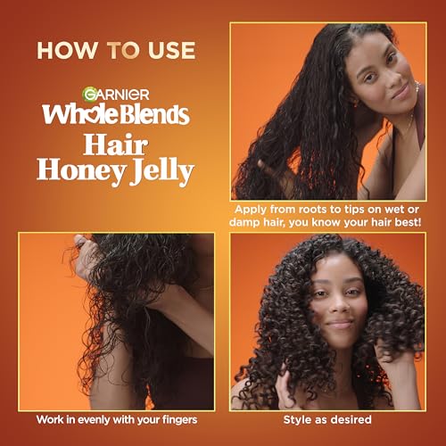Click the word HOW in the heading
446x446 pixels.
(x=67, y=50)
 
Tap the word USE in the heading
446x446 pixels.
(x=172, y=50)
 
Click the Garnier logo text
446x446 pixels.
(x=116, y=94)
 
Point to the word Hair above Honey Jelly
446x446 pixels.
(x=116, y=145)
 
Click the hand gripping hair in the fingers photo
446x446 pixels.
(x=87, y=257)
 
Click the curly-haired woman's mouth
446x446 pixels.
(x=340, y=323)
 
